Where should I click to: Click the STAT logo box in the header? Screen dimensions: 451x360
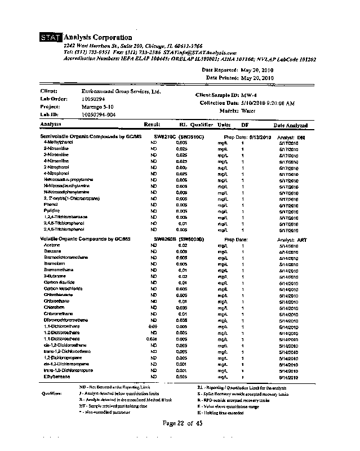50,38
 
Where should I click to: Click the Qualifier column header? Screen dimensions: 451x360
202,125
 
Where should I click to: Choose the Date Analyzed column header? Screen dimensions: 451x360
290,125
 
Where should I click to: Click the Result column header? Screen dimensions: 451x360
152,125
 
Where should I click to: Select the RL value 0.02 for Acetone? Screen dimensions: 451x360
183,246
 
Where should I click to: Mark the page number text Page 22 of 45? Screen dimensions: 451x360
181,423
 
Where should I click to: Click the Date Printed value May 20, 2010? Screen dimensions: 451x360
257,78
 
